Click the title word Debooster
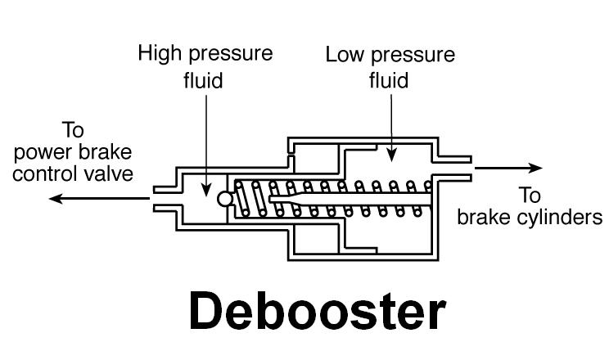click(x=317, y=310)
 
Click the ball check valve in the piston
click(x=225, y=199)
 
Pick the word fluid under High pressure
click(x=204, y=80)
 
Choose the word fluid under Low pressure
click(x=390, y=81)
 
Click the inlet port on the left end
click(x=164, y=199)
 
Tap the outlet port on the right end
click(x=454, y=169)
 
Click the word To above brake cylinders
click(x=530, y=196)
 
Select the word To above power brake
click(x=73, y=131)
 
